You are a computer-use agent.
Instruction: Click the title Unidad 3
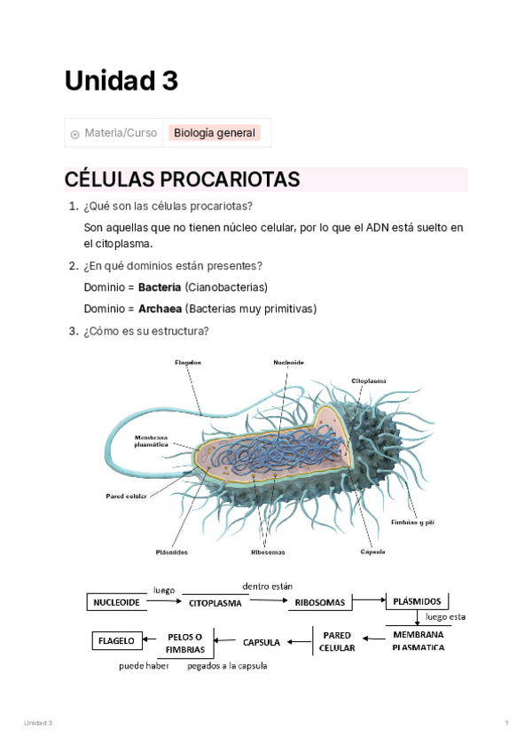[121, 81]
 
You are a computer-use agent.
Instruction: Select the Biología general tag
[215, 133]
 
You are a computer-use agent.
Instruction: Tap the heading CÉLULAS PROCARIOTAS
[182, 179]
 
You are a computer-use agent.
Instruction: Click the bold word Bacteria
[160, 287]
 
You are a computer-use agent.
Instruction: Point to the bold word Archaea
[160, 309]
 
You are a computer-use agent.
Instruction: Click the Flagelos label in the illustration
[188, 362]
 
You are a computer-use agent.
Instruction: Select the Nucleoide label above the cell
[288, 362]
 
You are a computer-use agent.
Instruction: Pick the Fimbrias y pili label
[412, 522]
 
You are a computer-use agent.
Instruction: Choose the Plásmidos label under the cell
[171, 552]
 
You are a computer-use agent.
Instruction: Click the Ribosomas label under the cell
[268, 552]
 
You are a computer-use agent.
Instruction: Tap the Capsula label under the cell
[372, 552]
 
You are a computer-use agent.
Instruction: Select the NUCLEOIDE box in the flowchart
[116, 602]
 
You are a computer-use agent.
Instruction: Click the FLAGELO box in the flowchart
[115, 640]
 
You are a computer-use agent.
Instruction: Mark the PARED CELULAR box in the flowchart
[337, 641]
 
